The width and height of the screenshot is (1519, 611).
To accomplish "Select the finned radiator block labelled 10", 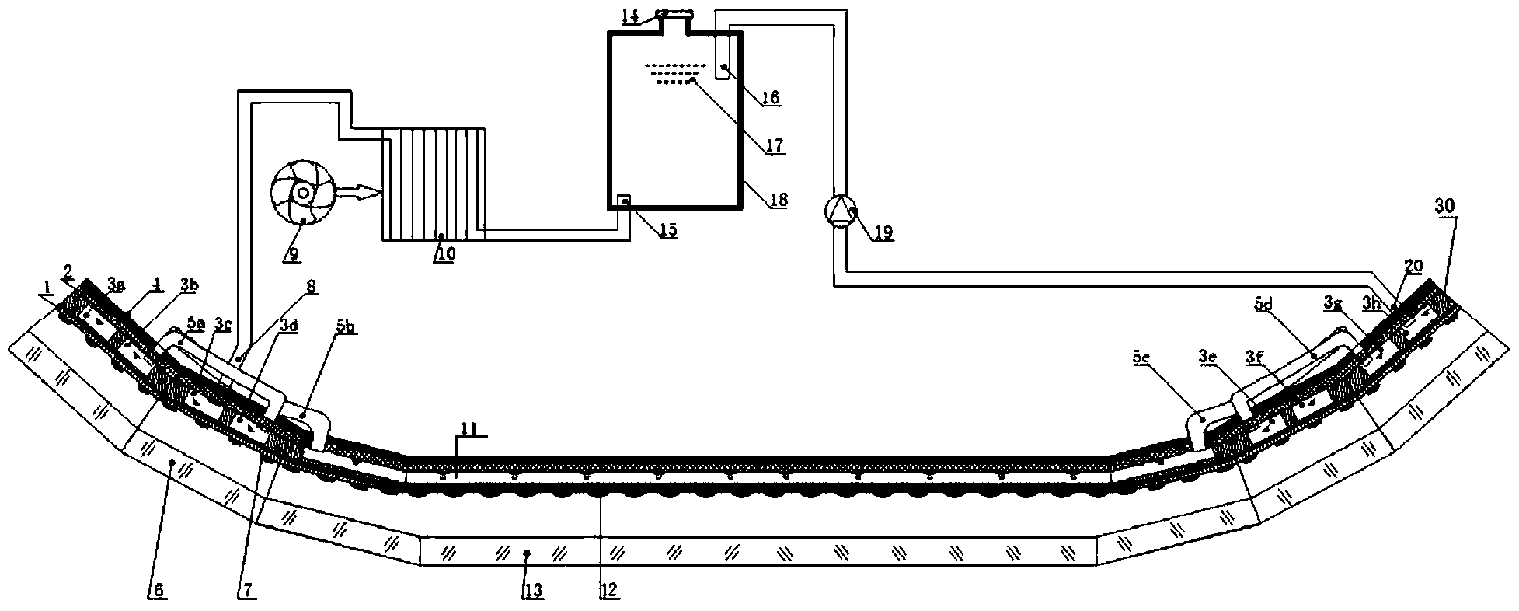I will click(434, 183).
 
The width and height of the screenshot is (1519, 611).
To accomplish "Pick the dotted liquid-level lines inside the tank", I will click(671, 72).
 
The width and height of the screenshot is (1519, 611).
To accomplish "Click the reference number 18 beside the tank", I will click(778, 200).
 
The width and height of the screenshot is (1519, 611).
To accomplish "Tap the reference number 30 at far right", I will click(1444, 205).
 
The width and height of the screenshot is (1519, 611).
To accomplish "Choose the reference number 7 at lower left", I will click(247, 591).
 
